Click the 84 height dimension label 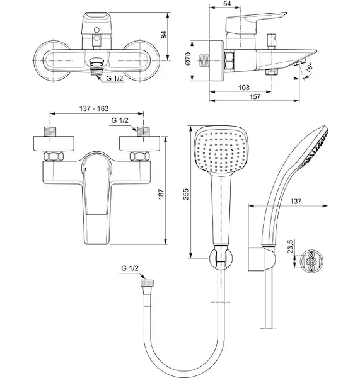click(x=164, y=35)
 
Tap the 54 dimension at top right click(x=227, y=3)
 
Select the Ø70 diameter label click(x=188, y=59)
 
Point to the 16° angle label click(x=309, y=67)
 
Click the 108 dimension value click(x=244, y=88)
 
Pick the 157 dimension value click(x=255, y=96)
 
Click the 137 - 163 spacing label click(x=94, y=108)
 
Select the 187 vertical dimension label click(x=161, y=194)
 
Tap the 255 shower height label click(x=186, y=194)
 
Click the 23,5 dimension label click(x=290, y=246)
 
